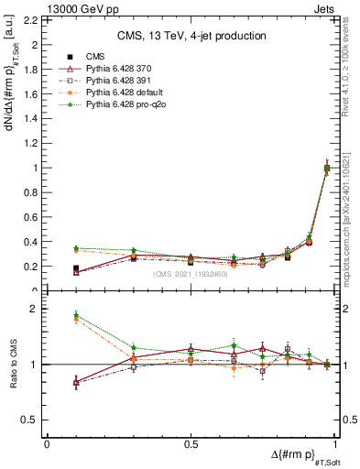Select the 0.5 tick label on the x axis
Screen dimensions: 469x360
coord(191,443)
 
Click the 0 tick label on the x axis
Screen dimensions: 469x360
coord(47,443)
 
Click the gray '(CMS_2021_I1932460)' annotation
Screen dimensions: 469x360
coord(191,274)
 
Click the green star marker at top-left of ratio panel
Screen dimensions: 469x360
coord(76,314)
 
